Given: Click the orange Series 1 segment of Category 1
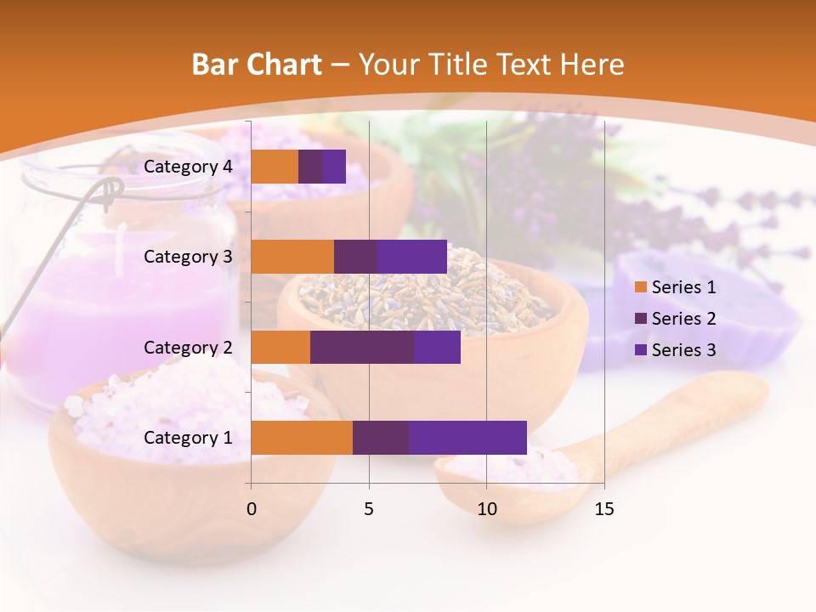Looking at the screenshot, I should pyautogui.click(x=302, y=438).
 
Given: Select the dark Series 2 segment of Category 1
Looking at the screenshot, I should pyautogui.click(x=381, y=438).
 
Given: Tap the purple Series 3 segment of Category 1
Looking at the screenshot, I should pyautogui.click(x=467, y=438).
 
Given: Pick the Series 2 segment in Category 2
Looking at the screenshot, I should pyautogui.click(x=362, y=347).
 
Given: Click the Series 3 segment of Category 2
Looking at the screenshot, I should pyautogui.click(x=437, y=347).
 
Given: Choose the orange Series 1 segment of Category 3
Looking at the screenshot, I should pyautogui.click(x=292, y=257).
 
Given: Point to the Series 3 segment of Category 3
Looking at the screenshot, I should pyautogui.click(x=411, y=257).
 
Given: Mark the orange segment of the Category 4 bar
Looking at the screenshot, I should pyautogui.click(x=275, y=167).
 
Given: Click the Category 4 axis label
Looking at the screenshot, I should pyautogui.click(x=188, y=167).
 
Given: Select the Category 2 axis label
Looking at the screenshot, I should pyautogui.click(x=188, y=347).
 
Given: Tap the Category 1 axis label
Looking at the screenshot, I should pyautogui.click(x=188, y=438).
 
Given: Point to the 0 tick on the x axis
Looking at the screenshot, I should pyautogui.click(x=252, y=509).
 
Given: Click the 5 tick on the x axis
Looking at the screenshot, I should pyautogui.click(x=369, y=509).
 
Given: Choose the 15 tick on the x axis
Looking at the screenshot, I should pyautogui.click(x=603, y=509).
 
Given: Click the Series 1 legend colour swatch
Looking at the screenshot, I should pyautogui.click(x=641, y=287).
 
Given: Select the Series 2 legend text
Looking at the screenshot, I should pyautogui.click(x=683, y=319).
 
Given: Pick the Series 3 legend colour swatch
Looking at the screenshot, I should pyautogui.click(x=641, y=350).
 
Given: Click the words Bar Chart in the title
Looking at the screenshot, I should pyautogui.click(x=257, y=65).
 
